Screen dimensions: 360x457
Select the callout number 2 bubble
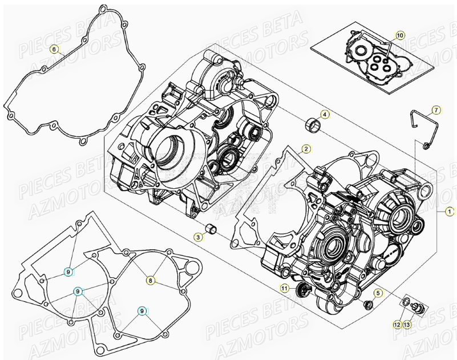point(306,149)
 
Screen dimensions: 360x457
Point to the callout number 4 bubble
point(324,115)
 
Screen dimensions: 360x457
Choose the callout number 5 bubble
point(378,293)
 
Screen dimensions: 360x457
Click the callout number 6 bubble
point(54,49)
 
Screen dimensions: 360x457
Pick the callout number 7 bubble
point(435,110)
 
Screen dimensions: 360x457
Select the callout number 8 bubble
point(150,280)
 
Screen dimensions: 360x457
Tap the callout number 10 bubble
point(399,35)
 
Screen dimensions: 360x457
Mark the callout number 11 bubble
point(284,288)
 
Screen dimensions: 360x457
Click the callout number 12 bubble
point(397,324)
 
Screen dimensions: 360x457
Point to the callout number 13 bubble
point(407,324)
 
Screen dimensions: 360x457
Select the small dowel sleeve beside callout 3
point(212,230)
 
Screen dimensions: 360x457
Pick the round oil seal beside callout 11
point(302,289)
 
